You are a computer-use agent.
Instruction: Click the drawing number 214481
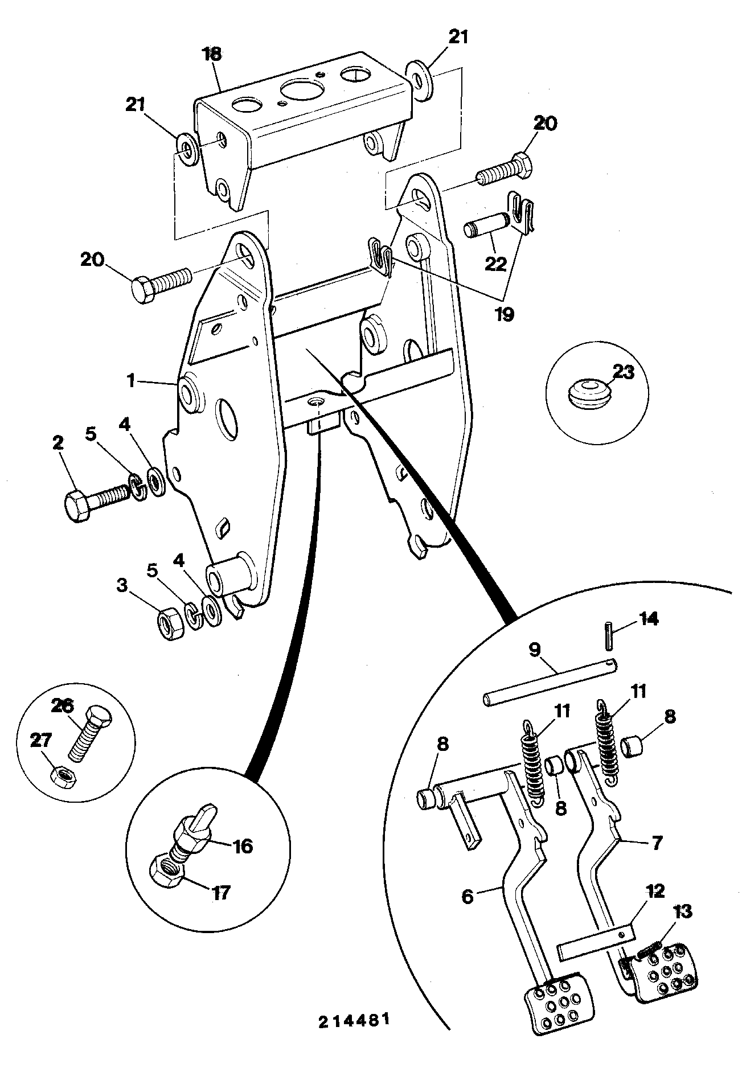pos(354,1020)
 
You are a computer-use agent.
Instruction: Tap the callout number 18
pos(212,55)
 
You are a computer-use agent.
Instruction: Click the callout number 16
pos(243,846)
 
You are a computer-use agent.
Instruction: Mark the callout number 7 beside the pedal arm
pos(657,843)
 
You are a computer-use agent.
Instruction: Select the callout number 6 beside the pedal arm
pos(467,896)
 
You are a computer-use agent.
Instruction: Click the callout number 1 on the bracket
pos(131,380)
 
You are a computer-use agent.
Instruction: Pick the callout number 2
pos(59,442)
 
